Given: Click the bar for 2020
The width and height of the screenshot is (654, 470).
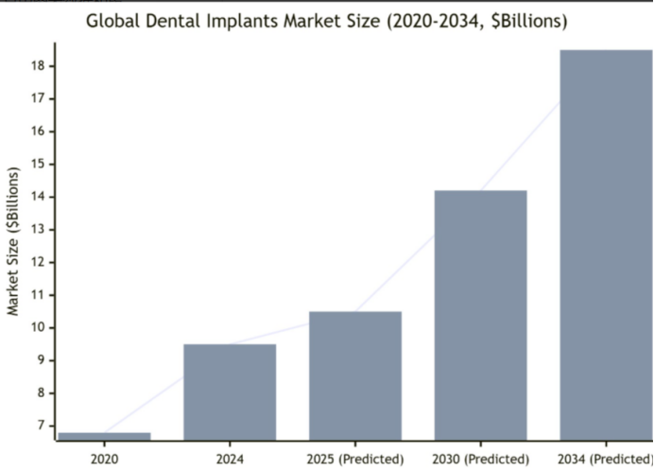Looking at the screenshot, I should (104, 437).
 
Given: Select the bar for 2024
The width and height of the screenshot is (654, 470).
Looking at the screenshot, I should (230, 392).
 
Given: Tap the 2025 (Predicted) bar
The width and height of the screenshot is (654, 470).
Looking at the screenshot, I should (355, 376).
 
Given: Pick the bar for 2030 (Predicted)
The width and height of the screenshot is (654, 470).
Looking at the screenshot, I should (480, 316).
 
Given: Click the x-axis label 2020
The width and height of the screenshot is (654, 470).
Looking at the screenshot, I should (104, 459).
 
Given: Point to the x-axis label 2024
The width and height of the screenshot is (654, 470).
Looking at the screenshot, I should (230, 459).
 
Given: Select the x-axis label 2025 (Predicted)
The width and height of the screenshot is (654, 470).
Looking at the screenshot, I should (355, 459).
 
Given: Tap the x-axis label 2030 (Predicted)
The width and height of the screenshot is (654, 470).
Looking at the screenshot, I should (480, 459).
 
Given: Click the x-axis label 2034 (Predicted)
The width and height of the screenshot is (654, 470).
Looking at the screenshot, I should (605, 459).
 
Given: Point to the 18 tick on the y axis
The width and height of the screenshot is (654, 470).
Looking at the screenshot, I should (39, 66).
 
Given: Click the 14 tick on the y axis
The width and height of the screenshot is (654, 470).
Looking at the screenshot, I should (39, 197).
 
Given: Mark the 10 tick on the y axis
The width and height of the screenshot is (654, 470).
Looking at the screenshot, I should (39, 328).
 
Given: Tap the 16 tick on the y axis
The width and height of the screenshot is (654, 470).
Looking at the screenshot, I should (39, 131).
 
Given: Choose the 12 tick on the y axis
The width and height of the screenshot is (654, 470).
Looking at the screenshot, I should (39, 263).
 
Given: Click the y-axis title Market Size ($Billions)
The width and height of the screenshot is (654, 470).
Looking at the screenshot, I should (13, 241).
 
